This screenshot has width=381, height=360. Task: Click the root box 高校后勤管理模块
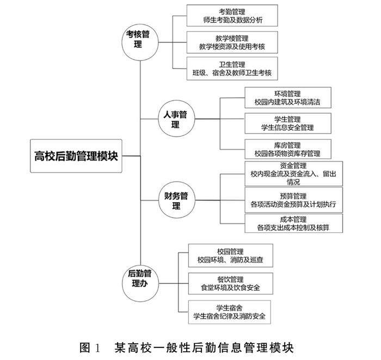pos(76,156)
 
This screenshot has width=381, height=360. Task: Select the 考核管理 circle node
pos(140,42)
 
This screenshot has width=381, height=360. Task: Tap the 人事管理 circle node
pos(176,119)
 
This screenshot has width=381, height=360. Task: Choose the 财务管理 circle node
pos(177,200)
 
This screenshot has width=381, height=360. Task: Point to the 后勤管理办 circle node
pos(140,283)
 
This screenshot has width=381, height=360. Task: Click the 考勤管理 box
pos(232,16)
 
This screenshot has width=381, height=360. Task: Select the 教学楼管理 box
pos(232,42)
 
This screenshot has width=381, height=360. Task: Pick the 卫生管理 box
pos(232,69)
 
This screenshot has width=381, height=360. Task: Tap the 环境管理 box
pos(288,97)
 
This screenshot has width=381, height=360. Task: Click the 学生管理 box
pos(288,123)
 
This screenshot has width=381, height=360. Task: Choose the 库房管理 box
pos(288,150)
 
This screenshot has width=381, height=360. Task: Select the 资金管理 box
pos(293,174)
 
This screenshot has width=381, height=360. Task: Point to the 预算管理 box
pos(293,200)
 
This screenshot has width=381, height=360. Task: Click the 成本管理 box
pos(293,224)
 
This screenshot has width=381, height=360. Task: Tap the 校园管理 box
pos(231,256)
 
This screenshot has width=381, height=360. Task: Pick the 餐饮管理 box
pos(231,283)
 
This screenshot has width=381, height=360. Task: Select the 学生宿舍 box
pos(229,312)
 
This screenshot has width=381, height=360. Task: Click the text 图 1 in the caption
pos(90,347)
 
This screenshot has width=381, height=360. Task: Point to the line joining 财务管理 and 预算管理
pos(220,200)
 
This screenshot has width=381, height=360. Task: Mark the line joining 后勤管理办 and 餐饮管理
pos(174,283)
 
